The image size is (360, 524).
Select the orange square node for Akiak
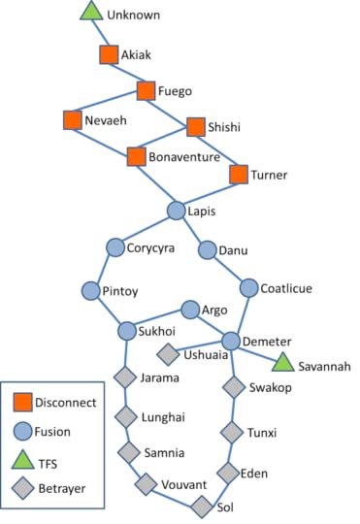point(109,55)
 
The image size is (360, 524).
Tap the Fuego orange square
point(147,91)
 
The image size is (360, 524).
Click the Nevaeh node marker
point(72,120)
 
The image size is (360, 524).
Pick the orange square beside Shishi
point(196,126)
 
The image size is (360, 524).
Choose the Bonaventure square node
point(136,155)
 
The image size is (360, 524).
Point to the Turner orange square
point(239,175)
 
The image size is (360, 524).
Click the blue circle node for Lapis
point(176,211)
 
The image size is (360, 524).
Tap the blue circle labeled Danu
point(207,249)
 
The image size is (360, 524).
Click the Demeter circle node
point(231,342)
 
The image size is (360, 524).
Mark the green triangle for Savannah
point(282,363)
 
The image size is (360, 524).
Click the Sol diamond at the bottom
point(201,506)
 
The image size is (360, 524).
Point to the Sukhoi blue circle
point(127,331)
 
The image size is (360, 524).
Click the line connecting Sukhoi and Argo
point(159,321)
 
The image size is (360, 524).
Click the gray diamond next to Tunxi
point(231,431)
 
